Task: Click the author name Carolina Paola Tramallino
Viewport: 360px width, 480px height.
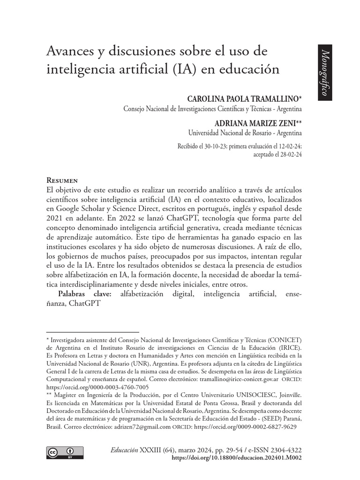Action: pyautogui.click(x=242, y=99)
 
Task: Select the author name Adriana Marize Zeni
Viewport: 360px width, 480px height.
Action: pyautogui.click(x=255, y=123)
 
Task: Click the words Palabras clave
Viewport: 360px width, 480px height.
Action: pyautogui.click(x=84, y=294)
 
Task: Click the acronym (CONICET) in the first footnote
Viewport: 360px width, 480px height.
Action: pyautogui.click(x=282, y=340)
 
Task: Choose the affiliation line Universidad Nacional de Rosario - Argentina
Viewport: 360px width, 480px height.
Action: pyautogui.click(x=244, y=133)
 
